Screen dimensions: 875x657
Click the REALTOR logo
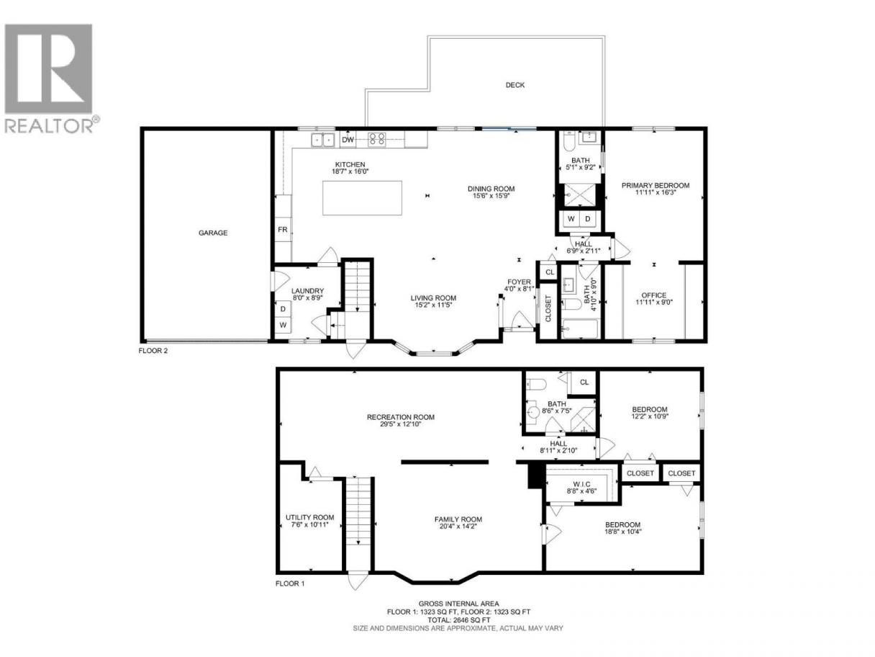51,79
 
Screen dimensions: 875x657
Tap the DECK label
514,85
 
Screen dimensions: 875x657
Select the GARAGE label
213,233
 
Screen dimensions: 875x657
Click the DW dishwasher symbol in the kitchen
348,140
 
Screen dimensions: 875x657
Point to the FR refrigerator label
282,229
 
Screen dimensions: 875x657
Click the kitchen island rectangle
362,198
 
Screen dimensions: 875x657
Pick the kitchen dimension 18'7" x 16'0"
350,171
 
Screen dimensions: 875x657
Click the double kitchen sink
322,140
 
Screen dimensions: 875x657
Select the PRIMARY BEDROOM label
655,185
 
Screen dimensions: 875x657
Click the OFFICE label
654,295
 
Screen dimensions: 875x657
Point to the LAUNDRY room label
307,291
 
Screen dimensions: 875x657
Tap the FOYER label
519,282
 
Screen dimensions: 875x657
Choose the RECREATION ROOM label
401,417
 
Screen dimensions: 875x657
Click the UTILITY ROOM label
309,517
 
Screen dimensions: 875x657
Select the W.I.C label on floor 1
582,484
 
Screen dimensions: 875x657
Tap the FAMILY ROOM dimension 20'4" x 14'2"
458,526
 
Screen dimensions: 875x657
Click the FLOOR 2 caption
153,351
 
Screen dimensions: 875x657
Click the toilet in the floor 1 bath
536,385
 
